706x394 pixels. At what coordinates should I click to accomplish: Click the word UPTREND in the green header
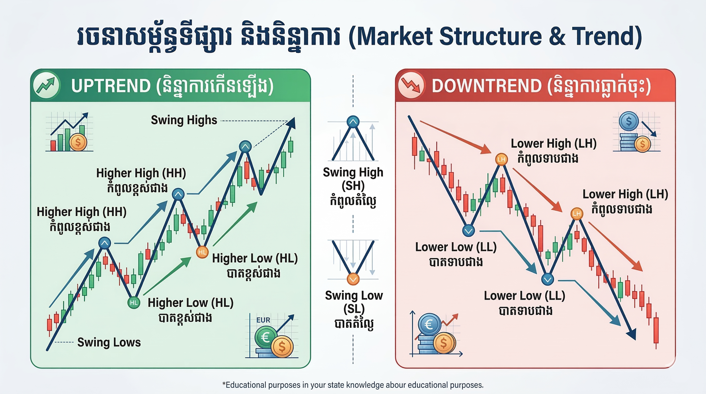[x=111, y=86]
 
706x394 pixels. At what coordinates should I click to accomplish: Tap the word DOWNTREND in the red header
[x=486, y=86]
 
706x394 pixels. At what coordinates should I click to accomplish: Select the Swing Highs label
[x=184, y=120]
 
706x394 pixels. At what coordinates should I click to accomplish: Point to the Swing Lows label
[x=109, y=342]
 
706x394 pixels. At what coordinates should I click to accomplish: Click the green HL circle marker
[x=134, y=302]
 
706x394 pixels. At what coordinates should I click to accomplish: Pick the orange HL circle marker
[x=202, y=252]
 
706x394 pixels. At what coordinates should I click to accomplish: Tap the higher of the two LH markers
[x=501, y=159]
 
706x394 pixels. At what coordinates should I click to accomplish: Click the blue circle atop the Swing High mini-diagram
[x=353, y=122]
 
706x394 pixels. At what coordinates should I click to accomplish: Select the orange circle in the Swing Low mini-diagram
[x=353, y=279]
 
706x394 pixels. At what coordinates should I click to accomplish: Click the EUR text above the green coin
[x=263, y=320]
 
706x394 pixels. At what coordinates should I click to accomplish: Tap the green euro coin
[x=265, y=337]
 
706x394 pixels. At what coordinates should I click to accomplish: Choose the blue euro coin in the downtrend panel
[x=429, y=325]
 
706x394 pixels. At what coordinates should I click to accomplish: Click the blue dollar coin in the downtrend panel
[x=629, y=121]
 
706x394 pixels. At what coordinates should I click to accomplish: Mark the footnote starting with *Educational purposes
[x=353, y=385]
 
